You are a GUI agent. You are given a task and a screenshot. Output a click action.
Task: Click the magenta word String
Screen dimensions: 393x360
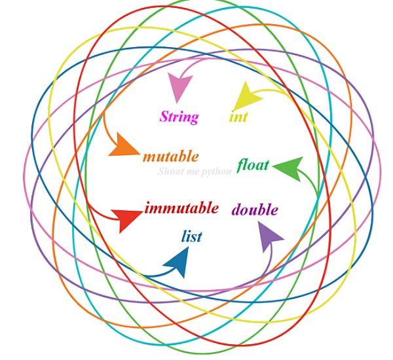click(179, 118)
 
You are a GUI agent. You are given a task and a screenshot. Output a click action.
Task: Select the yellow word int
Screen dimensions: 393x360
click(238, 118)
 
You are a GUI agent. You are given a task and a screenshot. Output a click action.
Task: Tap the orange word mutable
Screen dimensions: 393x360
click(170, 156)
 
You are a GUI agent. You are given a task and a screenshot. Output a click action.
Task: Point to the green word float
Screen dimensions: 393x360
click(253, 164)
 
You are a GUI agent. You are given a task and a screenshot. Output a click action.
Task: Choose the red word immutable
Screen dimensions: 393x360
click(181, 209)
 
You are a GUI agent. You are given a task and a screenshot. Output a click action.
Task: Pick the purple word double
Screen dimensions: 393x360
click(255, 210)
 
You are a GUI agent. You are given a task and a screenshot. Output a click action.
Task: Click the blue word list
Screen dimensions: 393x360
click(191, 236)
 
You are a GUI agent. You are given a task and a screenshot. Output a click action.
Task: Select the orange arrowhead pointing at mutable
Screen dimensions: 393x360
click(122, 145)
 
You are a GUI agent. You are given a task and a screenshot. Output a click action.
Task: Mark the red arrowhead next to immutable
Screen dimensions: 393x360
click(126, 219)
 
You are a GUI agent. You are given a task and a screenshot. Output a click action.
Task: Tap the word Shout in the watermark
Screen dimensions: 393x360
click(169, 172)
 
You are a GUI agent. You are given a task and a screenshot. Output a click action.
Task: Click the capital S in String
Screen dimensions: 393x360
click(164, 118)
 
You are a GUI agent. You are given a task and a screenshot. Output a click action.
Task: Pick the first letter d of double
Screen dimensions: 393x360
click(236, 210)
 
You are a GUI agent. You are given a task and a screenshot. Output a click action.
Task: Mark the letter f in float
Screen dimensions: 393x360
click(240, 165)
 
